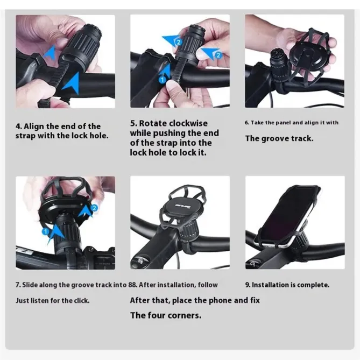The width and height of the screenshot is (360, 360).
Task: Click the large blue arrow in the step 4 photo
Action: (70, 82)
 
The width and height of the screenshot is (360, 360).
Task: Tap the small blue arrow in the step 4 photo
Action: (50, 52)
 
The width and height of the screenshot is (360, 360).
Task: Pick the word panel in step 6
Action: (292, 123)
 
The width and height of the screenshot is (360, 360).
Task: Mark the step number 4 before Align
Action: (18, 126)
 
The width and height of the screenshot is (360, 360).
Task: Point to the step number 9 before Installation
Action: (247, 285)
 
